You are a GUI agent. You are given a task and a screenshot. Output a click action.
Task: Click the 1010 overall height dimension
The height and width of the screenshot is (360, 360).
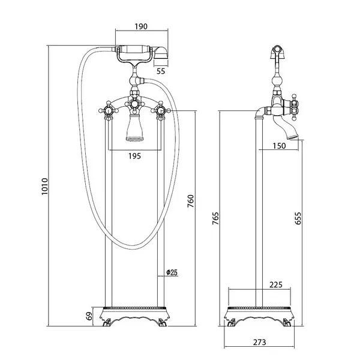point(44,186)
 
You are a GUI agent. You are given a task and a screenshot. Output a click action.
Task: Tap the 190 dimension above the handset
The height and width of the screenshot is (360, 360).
point(141,26)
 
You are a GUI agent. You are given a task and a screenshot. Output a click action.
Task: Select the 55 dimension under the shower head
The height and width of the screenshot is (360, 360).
point(161,71)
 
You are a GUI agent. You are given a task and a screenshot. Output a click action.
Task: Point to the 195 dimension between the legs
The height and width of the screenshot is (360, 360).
point(134,156)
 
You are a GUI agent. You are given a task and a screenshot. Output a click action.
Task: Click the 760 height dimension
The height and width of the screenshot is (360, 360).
point(191,201)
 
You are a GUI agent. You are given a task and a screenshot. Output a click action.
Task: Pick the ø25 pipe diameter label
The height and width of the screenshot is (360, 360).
point(172,272)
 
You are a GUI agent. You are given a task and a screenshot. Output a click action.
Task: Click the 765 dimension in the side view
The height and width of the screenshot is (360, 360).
point(215,218)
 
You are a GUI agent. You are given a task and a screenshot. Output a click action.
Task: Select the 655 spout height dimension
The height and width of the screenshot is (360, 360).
point(298,218)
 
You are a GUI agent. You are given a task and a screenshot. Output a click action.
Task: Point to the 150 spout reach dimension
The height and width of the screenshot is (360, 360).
point(279,146)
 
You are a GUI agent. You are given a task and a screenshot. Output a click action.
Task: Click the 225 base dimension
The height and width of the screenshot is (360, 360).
point(276,284)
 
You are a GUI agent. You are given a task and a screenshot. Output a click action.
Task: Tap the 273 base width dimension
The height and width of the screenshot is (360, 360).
point(260,342)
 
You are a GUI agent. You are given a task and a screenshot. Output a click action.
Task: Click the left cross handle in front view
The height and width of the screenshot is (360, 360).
point(109,111)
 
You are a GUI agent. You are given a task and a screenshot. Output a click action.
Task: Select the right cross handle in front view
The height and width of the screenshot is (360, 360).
point(160,111)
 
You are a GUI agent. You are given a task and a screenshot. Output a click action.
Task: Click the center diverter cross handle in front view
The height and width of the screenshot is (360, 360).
point(134,104)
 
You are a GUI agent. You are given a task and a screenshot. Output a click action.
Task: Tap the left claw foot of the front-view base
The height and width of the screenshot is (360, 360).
point(107,323)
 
